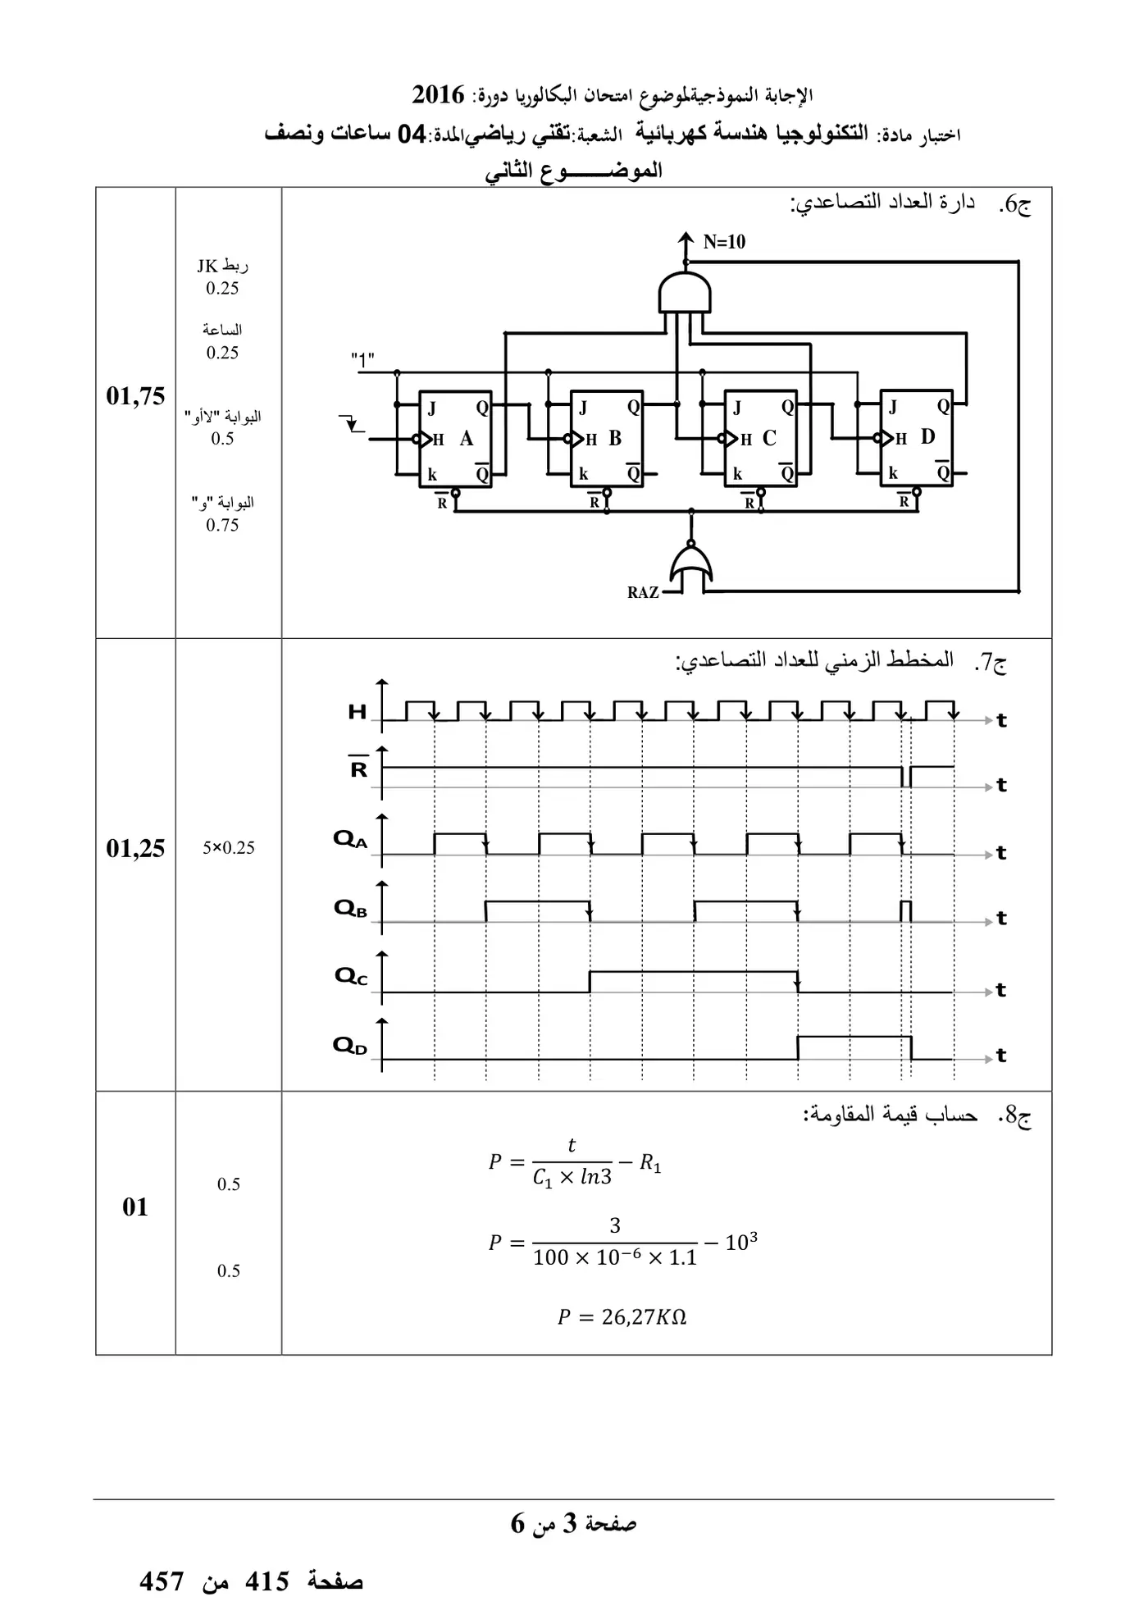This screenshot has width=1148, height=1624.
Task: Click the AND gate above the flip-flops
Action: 685,292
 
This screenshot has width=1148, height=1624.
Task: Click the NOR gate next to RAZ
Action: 691,567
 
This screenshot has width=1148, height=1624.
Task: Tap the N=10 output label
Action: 724,242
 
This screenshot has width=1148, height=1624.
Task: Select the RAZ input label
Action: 643,592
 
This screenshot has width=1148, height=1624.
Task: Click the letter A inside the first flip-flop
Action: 467,438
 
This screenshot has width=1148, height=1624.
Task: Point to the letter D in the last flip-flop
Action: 927,436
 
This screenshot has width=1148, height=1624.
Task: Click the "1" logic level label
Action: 362,359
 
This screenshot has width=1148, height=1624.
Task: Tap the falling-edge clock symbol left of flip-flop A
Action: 352,424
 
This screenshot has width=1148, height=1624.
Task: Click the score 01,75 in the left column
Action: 135,396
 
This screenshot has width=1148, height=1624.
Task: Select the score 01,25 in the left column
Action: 135,848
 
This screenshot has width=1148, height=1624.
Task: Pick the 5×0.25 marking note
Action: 229,848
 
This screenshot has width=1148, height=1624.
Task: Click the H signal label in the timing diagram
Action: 358,712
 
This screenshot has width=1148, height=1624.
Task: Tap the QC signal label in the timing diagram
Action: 351,976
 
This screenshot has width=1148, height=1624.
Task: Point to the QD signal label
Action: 349,1046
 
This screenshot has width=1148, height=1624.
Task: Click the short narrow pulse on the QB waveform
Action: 906,911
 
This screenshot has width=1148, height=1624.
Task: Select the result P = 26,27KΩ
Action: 622,1317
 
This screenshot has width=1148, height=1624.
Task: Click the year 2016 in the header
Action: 438,95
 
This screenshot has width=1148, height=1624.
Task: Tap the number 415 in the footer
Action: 267,1582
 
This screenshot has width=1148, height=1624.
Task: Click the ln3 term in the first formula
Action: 596,1178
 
